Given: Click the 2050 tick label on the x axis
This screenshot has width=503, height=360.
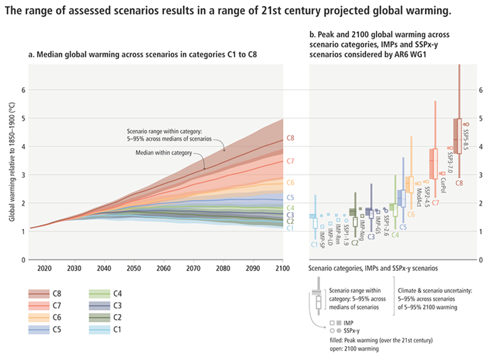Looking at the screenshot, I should point(133,268).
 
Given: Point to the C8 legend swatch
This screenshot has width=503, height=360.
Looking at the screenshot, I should point(39,293).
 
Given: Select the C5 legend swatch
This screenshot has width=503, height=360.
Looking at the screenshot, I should point(39,330).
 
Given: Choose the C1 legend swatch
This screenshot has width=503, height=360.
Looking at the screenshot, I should point(99,330).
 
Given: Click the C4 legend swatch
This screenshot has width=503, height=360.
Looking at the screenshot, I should point(99,293).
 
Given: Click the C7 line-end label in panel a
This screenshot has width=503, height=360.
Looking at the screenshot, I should point(290,161).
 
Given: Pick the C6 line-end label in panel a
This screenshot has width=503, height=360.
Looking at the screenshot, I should point(290,183).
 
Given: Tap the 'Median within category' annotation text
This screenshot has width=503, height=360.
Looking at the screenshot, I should point(163,153).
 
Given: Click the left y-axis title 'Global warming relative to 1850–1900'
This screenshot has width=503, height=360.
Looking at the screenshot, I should point(12,162).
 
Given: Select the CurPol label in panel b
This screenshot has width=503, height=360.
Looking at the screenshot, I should point(443,185).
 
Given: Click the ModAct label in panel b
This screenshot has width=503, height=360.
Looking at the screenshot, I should point(418,197).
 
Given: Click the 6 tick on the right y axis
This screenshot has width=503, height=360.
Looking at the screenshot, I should point(481,90).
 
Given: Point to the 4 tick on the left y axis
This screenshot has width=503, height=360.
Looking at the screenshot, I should point(23,147).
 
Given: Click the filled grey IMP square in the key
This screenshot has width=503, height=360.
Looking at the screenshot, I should point(339,323).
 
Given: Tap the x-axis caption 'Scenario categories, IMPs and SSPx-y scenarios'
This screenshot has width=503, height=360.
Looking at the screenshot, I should point(373,268).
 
